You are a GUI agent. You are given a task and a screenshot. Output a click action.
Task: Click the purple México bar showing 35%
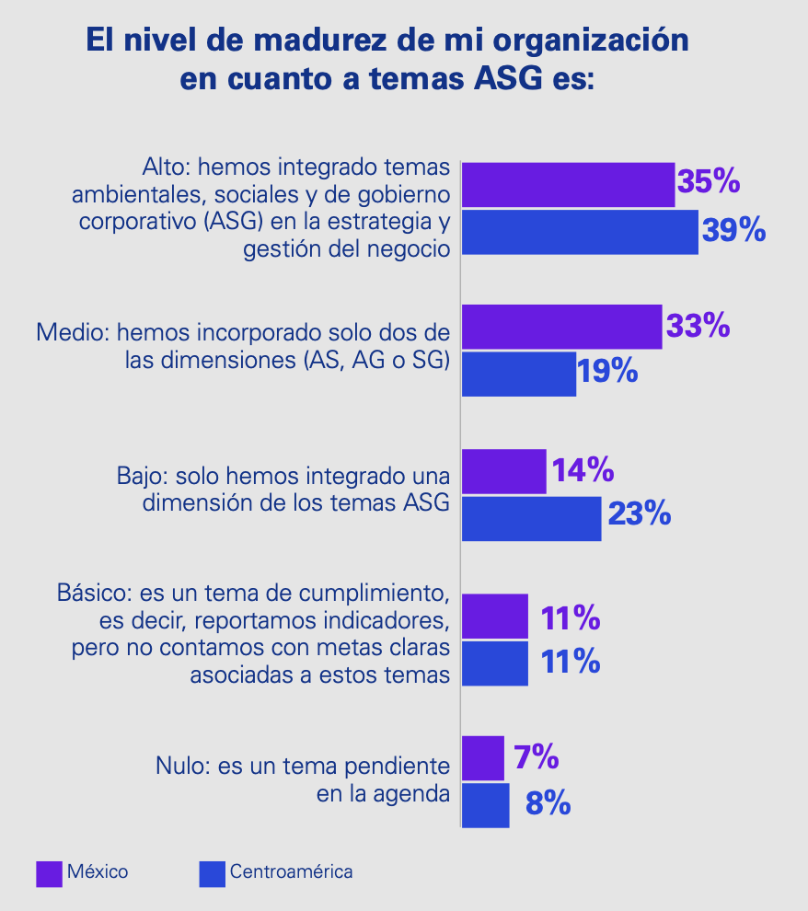pos(568,185)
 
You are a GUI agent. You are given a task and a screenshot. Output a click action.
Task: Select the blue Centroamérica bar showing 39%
pos(580,232)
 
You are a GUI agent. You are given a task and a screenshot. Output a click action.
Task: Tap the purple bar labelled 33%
pos(561,327)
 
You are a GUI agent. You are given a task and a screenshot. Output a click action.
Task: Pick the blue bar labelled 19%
pos(518,374)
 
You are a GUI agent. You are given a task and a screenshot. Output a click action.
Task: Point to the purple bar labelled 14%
pos(503,471)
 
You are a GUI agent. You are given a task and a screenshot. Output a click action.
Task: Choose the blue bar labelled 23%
pos(531,518)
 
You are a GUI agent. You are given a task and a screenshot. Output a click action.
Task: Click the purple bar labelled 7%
pos(482,758)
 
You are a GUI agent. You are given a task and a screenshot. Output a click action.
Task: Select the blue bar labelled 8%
pos(485,805)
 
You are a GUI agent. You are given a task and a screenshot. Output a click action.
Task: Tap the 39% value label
pos(733,231)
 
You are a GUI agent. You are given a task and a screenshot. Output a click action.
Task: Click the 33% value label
pos(698,326)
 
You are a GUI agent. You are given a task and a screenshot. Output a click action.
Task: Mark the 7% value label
pos(536,757)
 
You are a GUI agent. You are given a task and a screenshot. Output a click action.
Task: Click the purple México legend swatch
pos(48,873)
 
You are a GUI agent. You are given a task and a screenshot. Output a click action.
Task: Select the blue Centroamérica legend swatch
pos(212,873)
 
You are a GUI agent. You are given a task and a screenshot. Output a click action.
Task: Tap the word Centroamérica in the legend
pos(291,872)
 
